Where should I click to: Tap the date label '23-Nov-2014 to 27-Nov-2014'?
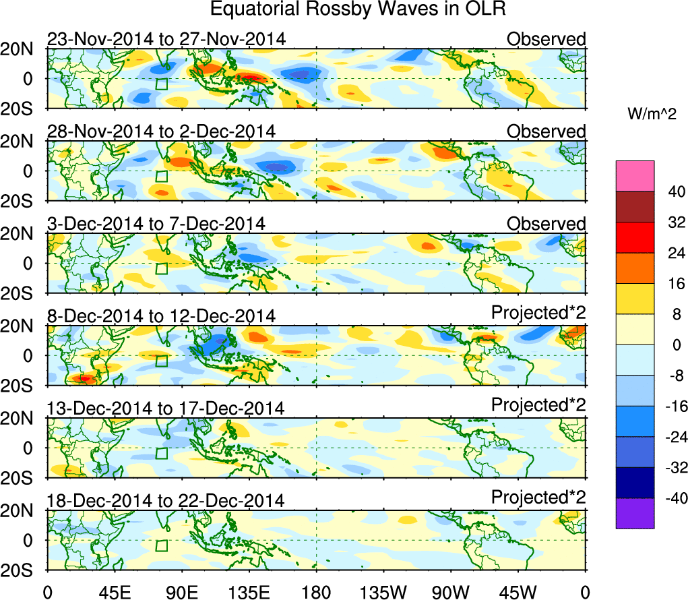coord(166,39)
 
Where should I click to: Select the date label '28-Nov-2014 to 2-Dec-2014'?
coord(161,131)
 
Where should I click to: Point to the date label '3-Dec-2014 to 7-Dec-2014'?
coord(156,223)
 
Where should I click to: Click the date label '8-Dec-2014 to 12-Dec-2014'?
coord(161,316)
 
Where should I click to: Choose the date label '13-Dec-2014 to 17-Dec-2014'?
coord(166,408)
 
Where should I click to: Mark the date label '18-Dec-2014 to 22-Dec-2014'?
coord(166,500)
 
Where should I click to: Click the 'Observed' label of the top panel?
coord(546,39)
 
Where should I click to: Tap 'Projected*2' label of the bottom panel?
coord(538,498)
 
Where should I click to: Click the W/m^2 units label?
coord(652,115)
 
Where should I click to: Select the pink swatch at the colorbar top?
coord(635,176)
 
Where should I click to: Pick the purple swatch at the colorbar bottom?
coord(635,513)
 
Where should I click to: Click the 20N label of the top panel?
coord(22,49)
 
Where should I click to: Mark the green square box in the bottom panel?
coord(161,545)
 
